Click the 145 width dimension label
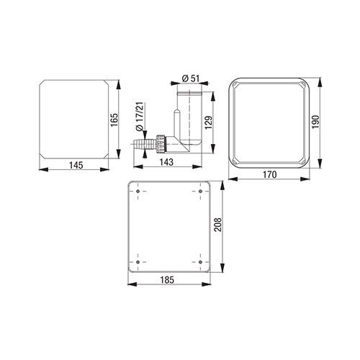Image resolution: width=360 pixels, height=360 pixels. pyautogui.click(x=76, y=166)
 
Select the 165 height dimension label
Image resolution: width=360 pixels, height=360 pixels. pyautogui.click(x=114, y=120)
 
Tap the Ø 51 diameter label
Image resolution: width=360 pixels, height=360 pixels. pyautogui.click(x=191, y=78)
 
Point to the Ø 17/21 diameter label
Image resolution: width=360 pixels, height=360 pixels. pyautogui.click(x=140, y=117)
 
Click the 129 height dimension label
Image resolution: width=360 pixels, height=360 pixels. pyautogui.click(x=209, y=122)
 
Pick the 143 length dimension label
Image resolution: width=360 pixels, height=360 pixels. pyautogui.click(x=166, y=162)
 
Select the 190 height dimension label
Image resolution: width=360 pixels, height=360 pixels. pyautogui.click(x=315, y=122)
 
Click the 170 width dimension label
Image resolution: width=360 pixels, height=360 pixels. pyautogui.click(x=270, y=174)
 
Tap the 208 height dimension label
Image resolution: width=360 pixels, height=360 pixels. pyautogui.click(x=218, y=225)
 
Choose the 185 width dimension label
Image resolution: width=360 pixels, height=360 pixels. pyautogui.click(x=167, y=280)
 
